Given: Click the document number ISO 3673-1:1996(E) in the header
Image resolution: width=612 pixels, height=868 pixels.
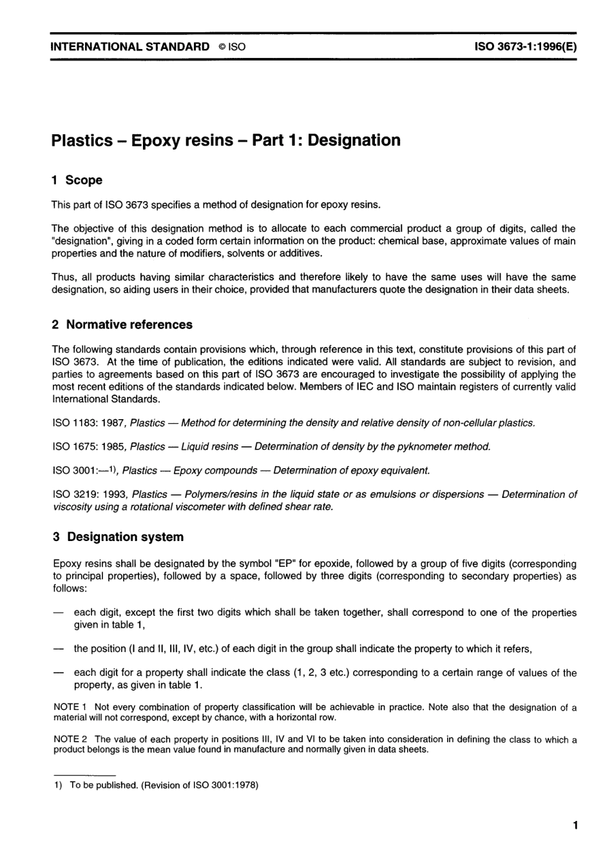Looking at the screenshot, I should coord(525,46).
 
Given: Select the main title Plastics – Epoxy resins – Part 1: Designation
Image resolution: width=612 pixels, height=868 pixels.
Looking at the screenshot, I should coord(225,140).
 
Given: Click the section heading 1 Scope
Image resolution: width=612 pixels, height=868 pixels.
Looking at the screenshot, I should coord(77,180).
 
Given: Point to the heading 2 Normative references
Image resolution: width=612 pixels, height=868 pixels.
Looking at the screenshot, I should coord(122,324).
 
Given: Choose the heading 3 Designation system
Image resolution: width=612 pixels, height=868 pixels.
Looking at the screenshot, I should coord(118,537).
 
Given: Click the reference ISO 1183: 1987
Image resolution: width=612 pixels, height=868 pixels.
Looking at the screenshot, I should coord(88,423).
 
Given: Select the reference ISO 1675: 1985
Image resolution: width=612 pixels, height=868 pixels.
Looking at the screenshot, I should coord(88,446).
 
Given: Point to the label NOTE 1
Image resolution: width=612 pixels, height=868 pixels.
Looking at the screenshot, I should coord(70,707).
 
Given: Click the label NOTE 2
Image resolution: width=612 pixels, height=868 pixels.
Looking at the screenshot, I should coord(70,739).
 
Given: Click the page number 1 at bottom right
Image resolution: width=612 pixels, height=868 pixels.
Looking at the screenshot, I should coord(574,825).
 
